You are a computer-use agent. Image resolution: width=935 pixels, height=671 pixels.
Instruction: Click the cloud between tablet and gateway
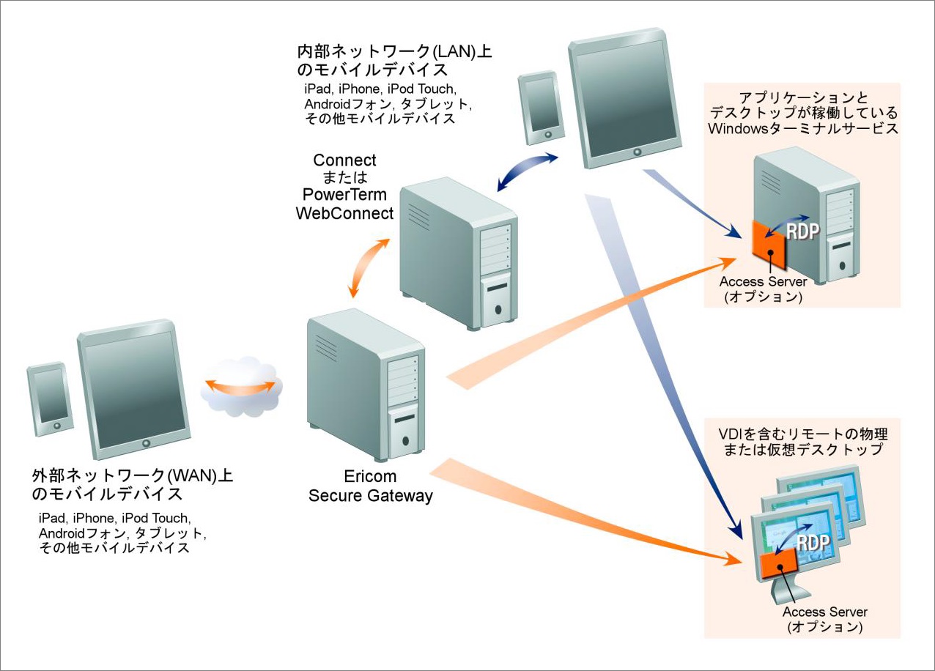pos(241,387)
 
